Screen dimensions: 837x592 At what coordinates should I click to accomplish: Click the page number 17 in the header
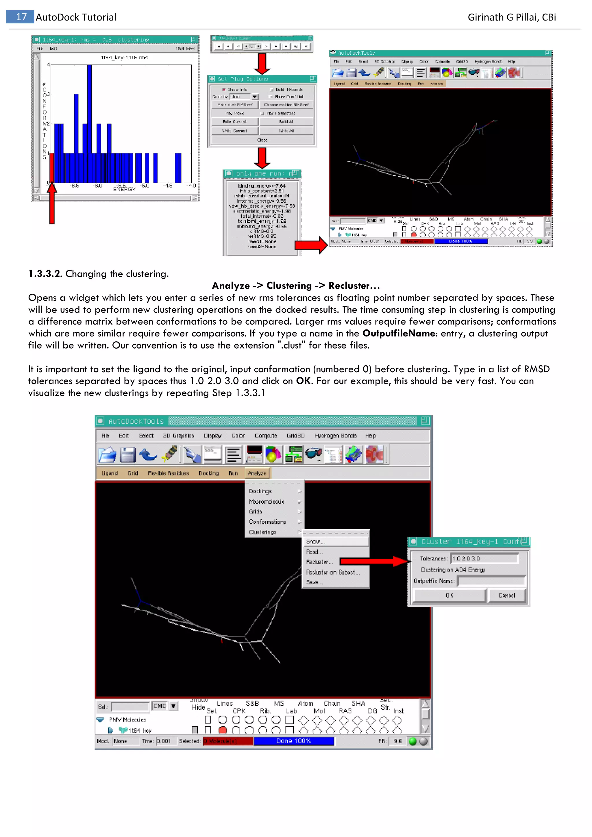pos(21,17)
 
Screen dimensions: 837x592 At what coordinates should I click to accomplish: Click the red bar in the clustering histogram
pos(52,168)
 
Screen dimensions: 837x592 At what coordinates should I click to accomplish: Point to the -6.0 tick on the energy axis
pos(98,186)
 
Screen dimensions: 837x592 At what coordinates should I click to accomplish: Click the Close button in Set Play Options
pos(262,140)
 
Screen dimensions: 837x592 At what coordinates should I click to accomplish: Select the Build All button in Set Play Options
pos(286,122)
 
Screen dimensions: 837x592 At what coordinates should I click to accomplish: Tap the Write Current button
pos(234,131)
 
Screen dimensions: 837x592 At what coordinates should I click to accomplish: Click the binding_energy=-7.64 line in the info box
pos(262,186)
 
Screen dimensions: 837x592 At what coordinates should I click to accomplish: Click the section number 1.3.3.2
pos(45,274)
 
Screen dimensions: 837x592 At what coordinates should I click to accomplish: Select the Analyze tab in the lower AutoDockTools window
pos(257,473)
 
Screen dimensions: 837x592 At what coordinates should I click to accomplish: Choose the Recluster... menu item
pos(319,562)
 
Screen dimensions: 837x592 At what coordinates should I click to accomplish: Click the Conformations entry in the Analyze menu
pos(267,522)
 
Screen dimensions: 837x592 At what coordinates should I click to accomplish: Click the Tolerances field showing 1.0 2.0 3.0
pos(484,558)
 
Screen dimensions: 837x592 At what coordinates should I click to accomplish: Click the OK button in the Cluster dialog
pos(449,595)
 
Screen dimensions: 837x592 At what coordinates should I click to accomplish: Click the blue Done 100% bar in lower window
pos(294,741)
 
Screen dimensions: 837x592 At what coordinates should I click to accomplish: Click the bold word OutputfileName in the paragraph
pos(399,334)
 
